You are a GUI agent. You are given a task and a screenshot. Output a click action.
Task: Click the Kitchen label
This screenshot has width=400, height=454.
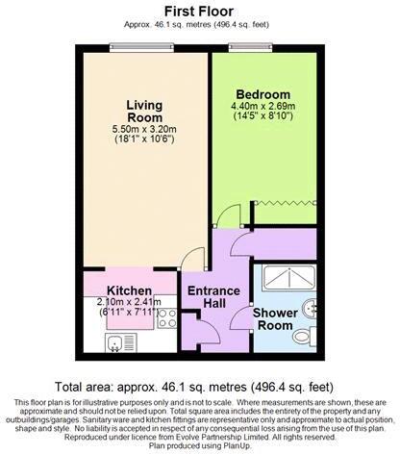pyautogui.click(x=129, y=290)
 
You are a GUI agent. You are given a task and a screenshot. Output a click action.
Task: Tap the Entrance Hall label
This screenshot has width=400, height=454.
pyautogui.click(x=207, y=297)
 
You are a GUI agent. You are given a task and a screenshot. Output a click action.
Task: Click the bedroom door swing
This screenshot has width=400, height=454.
pyautogui.click(x=223, y=217)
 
